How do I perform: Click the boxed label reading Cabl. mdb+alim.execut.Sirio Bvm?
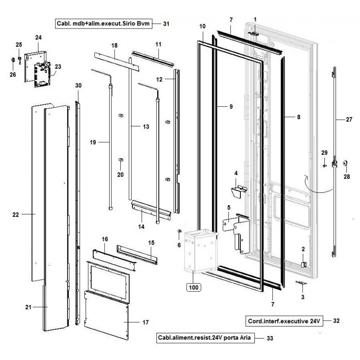tap(103, 24)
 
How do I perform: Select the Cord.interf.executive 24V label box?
tap(284, 321)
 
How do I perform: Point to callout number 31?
tap(166, 24)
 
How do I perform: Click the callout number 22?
tap(16, 214)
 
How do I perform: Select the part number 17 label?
tap(145, 322)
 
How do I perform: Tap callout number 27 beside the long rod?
tap(349, 120)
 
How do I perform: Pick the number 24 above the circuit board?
tap(38, 37)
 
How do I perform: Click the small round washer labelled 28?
tap(345, 164)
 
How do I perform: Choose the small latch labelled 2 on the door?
tap(303, 264)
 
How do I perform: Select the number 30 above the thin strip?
tap(78, 85)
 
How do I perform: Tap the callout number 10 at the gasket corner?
tap(202, 26)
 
